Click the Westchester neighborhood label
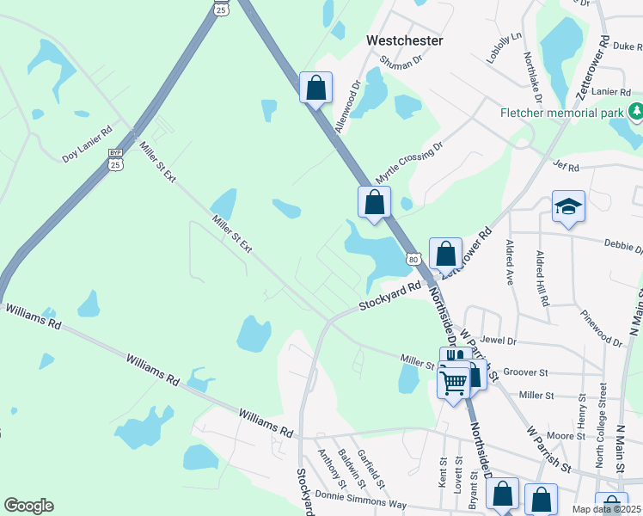[x=404, y=40]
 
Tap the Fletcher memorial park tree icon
[x=635, y=111]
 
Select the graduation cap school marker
[x=568, y=206]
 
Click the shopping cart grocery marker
[x=453, y=381]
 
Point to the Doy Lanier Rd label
[x=87, y=155]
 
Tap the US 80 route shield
[x=413, y=258]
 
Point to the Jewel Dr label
[x=499, y=341]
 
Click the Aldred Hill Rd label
[x=542, y=279]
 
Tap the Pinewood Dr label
[x=601, y=329]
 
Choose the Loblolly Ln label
[x=505, y=47]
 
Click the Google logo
[x=28, y=506]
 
